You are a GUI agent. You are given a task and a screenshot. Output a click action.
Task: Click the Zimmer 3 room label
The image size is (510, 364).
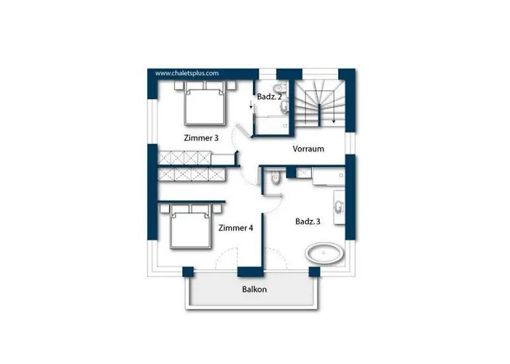pos(201,138)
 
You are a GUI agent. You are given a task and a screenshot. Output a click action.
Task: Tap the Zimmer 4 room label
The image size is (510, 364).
pos(235,228)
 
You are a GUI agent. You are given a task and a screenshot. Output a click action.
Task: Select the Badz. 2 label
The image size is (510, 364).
pos(270,97)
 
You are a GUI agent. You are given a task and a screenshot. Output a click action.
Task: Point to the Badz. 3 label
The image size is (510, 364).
pos(307,221)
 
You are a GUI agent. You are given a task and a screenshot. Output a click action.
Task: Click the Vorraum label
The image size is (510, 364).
pos(308,149)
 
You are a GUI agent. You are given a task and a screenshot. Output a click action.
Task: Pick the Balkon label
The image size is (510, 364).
pos(254,289)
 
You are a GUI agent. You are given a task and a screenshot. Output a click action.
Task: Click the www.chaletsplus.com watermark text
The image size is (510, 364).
pos(187,73)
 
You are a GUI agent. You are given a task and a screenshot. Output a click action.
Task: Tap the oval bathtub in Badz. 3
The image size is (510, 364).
pos(324,253)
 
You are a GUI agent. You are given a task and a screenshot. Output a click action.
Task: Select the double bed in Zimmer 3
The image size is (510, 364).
pos(205,103)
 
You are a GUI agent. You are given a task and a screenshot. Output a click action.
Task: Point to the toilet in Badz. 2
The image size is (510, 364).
pos(280,88)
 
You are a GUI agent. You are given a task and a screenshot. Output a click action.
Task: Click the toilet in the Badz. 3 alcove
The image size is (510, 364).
pos(275,177)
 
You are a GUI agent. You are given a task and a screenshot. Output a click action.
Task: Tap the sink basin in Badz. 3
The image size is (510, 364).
pos(339,207)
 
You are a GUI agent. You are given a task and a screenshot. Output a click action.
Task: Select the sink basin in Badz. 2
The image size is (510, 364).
pos(285,106)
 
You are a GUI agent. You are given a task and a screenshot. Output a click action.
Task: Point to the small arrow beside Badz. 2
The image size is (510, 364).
pos(251,104)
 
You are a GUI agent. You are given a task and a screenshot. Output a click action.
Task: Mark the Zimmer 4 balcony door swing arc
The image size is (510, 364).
pos(225,255)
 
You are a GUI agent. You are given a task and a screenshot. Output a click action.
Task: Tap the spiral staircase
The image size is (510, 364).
pos(320,104)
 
